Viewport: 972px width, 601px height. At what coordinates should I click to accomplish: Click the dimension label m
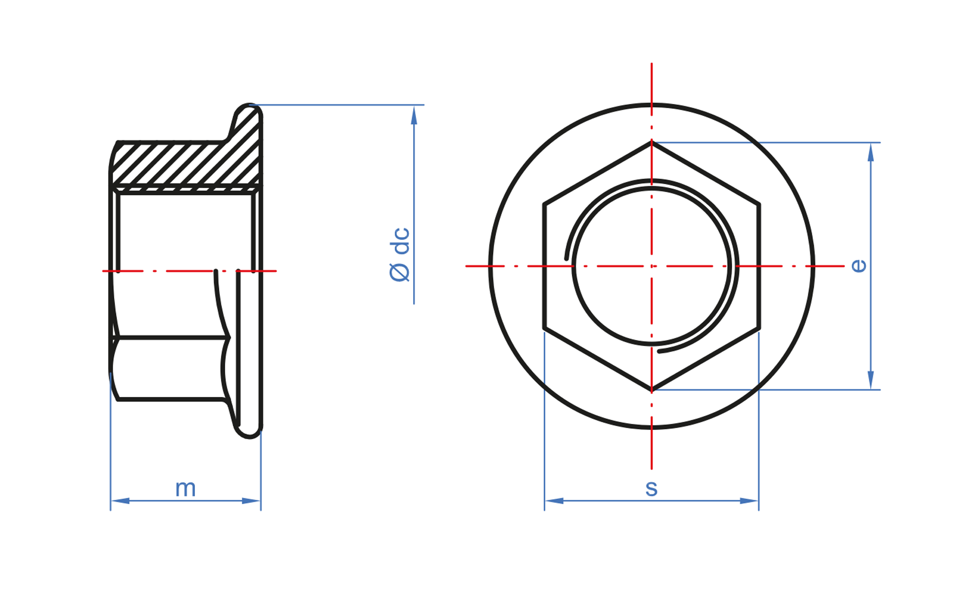pyautogui.click(x=185, y=489)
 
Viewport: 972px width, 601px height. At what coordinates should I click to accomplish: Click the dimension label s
pyautogui.click(x=651, y=488)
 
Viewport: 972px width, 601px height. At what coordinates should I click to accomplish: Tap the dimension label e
pyautogui.click(x=859, y=266)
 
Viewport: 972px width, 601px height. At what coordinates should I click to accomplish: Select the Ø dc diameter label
pyautogui.click(x=400, y=254)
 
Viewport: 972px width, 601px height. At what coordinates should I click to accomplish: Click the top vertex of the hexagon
pyautogui.click(x=651, y=142)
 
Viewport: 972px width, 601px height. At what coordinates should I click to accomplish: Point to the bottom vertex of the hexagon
pyautogui.click(x=651, y=390)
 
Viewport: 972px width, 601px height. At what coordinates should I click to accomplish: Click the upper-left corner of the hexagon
pyautogui.click(x=545, y=204)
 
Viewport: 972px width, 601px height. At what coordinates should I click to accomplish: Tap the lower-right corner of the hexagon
pyautogui.click(x=759, y=328)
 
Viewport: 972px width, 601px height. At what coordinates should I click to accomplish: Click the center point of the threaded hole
pyautogui.click(x=651, y=266)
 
